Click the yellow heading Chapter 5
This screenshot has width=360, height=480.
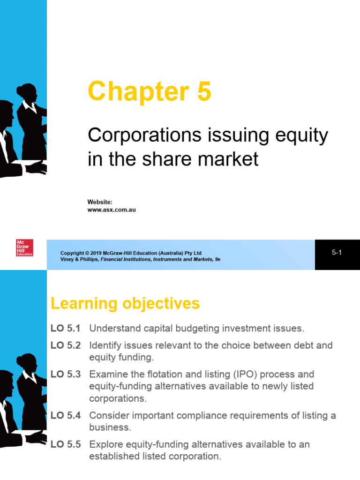tap(150, 91)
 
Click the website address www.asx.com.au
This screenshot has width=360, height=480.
tap(112, 210)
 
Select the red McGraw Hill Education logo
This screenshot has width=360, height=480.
tap(24, 247)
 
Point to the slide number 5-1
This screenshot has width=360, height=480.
tap(337, 253)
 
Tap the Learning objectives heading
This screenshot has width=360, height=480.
tap(125, 304)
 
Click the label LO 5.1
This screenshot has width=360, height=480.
tap(66, 329)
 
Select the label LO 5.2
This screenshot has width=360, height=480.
tap(66, 345)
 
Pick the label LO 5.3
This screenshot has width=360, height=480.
tap(66, 375)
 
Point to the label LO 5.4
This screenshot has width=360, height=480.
tap(66, 416)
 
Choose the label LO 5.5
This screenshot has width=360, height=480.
tap(66, 444)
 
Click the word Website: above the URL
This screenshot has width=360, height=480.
tap(100, 202)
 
